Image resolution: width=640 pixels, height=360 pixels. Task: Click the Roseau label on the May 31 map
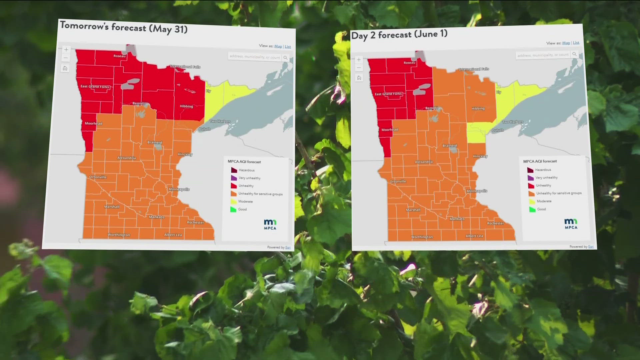[x=119, y=56]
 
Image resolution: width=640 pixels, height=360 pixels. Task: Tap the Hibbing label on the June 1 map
[x=478, y=109]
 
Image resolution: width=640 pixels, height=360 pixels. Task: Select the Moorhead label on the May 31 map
[x=93, y=123]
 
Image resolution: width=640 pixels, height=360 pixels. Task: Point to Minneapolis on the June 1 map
[x=477, y=191]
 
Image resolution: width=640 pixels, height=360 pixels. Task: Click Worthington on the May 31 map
[x=119, y=235]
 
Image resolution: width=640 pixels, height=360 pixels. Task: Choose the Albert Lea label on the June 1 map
[x=474, y=236]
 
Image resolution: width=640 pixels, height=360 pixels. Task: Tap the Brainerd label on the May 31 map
[x=155, y=142]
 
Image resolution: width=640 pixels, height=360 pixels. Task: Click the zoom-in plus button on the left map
[x=66, y=50]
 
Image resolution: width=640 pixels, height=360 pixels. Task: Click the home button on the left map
[x=65, y=68]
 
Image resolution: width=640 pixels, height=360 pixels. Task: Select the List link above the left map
[x=288, y=47]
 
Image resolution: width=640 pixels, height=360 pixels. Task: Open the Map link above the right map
[x=566, y=43]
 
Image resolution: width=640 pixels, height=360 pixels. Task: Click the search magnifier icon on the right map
[x=574, y=54]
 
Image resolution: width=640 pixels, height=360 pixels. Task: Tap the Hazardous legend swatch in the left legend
[x=234, y=170]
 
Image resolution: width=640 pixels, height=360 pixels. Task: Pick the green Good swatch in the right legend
[x=532, y=209]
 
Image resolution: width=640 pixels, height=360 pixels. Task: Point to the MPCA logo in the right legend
[x=571, y=224]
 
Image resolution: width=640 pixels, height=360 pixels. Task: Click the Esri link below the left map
[x=288, y=247]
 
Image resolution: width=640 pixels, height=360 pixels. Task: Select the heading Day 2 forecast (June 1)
[x=399, y=35]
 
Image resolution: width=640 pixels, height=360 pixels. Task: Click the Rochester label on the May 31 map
[x=195, y=222]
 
